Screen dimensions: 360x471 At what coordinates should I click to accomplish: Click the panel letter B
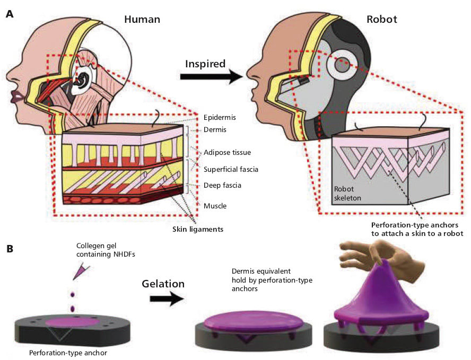pyautogui.click(x=9, y=248)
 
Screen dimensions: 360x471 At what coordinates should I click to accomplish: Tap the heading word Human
pyautogui.click(x=142, y=20)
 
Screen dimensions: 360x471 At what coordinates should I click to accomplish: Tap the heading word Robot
pyautogui.click(x=382, y=20)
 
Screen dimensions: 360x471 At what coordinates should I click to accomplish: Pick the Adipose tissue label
pyautogui.click(x=228, y=152)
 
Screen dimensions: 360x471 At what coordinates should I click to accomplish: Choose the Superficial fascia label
pyautogui.click(x=231, y=169)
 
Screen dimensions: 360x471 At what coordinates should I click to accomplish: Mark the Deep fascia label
pyautogui.click(x=223, y=186)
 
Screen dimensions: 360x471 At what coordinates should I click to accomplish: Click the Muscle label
pyautogui.click(x=216, y=204)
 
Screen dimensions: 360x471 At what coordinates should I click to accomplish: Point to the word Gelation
pyautogui.click(x=163, y=284)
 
